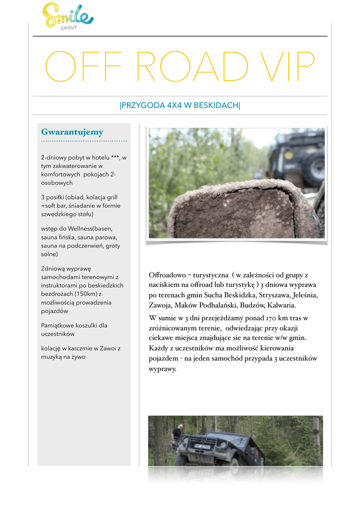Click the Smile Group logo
point(68,15)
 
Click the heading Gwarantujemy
point(72,132)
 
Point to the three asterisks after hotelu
point(115,158)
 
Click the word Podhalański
point(218,305)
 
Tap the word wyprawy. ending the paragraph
point(163,369)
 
